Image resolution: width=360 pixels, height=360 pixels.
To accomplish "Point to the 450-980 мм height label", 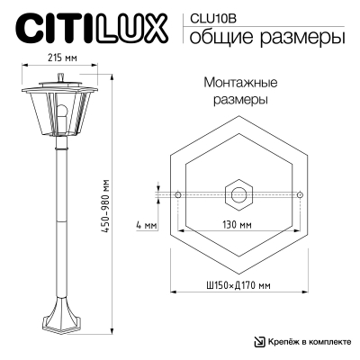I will pyautogui.click(x=106, y=202).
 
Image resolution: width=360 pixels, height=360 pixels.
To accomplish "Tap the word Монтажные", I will pyautogui.click(x=238, y=82).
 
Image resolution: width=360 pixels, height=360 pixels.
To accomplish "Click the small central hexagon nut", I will pyautogui.click(x=239, y=193).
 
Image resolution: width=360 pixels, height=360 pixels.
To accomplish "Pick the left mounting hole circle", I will pyautogui.click(x=179, y=194).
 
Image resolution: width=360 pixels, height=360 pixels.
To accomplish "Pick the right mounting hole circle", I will pyautogui.click(x=299, y=194).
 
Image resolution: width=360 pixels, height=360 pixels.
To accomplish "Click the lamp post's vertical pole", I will pyautogui.click(x=60, y=225).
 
